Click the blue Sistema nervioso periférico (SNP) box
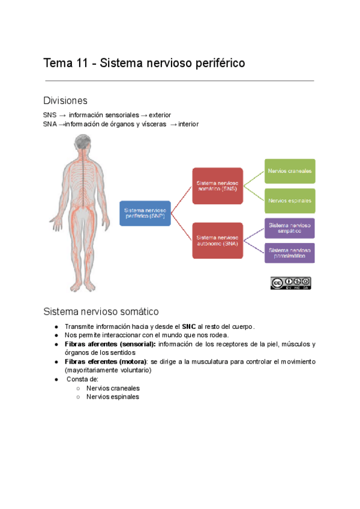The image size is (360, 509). tap(145, 213)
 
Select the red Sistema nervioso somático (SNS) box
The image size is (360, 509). tap(217, 185)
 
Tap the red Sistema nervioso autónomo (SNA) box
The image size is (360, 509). tap(217, 241)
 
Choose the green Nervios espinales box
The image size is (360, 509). tap(290, 200)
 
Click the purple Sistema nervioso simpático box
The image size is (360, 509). tap(290, 228)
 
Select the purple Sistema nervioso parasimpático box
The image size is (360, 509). tap(290, 253)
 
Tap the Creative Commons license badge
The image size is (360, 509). tap(290, 283)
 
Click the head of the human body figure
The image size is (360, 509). tap(81, 144)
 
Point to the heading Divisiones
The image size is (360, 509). tap(65, 100)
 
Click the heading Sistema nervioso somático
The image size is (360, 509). tap(101, 312)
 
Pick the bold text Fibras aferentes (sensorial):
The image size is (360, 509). tap(110, 344)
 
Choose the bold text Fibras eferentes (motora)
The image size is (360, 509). tap(106, 362)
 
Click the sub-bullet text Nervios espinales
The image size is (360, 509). tap(112, 397)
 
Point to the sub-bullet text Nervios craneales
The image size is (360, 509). tap(113, 388)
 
